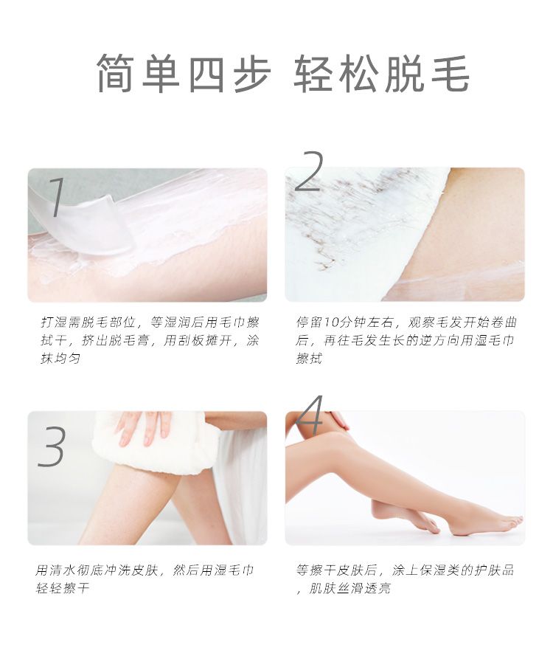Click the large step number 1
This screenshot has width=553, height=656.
pyautogui.click(x=58, y=197)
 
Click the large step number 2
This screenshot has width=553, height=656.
pyautogui.click(x=309, y=171)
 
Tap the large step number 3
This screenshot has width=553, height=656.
pyautogui.click(x=51, y=446)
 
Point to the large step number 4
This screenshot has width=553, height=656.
pyautogui.click(x=310, y=415)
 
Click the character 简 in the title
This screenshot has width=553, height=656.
pyautogui.click(x=116, y=73)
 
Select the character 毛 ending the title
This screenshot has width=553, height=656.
pyautogui.click(x=451, y=73)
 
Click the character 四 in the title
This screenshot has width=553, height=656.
pyautogui.click(x=207, y=73)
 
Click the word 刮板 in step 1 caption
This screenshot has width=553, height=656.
pyautogui.click(x=189, y=341)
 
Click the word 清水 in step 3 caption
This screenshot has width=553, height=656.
pyautogui.click(x=62, y=570)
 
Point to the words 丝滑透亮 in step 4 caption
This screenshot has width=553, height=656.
pyautogui.click(x=364, y=589)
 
